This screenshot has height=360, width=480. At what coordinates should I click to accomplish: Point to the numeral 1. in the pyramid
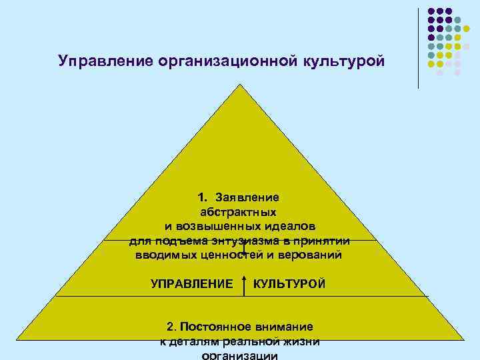pyautogui.click(x=203, y=198)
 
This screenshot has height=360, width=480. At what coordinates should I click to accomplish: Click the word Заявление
pyautogui.click(x=247, y=198)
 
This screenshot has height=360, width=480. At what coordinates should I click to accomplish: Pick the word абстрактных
pyautogui.click(x=239, y=212)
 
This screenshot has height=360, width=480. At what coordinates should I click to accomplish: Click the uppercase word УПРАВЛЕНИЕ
pyautogui.click(x=192, y=284)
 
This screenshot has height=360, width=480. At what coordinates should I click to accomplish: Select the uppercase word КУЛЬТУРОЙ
pyautogui.click(x=290, y=284)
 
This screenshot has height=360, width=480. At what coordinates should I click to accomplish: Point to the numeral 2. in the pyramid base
pyautogui.click(x=171, y=327)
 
